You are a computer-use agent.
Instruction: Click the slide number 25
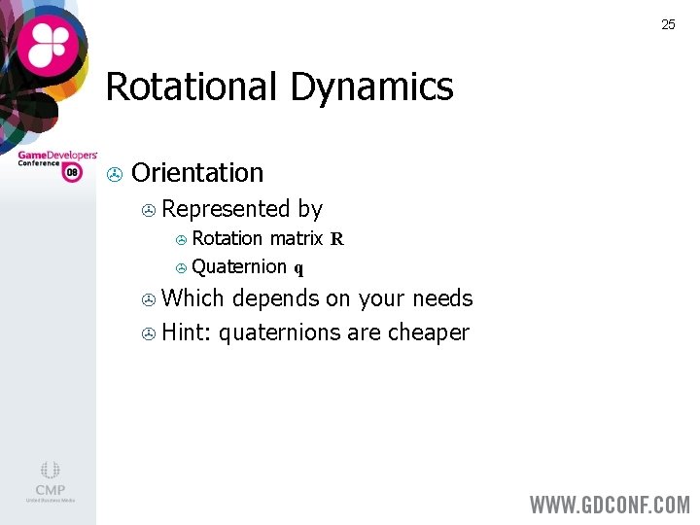[668, 24]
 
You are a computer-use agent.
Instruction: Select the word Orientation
[197, 173]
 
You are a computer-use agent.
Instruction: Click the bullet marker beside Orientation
[114, 175]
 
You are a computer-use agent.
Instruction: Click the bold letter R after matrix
[336, 239]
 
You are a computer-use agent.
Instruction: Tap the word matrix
[296, 238]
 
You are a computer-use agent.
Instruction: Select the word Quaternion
[239, 266]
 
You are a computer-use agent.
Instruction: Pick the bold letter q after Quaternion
[299, 268]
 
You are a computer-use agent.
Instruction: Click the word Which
[193, 298]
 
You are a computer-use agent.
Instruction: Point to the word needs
[442, 298]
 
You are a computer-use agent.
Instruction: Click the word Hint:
[187, 332]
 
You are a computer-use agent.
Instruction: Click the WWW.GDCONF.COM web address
[610, 505]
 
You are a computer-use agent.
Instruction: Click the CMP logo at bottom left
[50, 480]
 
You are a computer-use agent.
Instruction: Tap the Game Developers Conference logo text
[57, 157]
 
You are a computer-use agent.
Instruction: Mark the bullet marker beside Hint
[149, 334]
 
